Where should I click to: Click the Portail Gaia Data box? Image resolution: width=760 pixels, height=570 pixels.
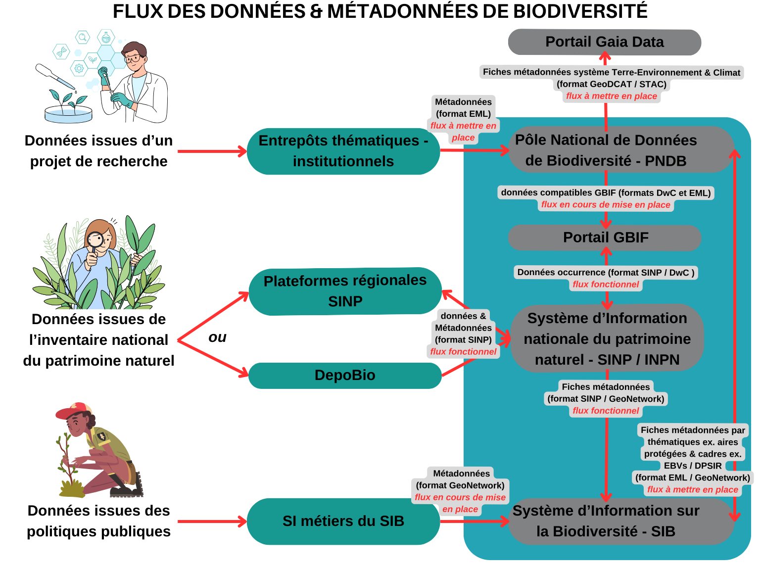(x=604, y=42)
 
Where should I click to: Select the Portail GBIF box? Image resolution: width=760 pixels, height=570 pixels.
(x=605, y=237)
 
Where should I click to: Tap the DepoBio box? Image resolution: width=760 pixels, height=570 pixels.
(x=345, y=375)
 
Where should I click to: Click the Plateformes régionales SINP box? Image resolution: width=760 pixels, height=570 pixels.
(x=345, y=291)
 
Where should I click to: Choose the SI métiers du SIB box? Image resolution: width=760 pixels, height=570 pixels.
(x=343, y=521)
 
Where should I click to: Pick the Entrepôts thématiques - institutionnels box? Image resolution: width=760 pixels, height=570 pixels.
(x=343, y=151)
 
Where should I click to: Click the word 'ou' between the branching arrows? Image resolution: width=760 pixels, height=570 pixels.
(x=217, y=337)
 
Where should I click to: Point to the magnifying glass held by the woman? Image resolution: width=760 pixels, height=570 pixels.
(x=95, y=240)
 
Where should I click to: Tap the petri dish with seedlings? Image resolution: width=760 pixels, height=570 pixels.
(x=68, y=113)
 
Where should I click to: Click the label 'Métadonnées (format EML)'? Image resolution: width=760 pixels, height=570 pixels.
(x=463, y=108)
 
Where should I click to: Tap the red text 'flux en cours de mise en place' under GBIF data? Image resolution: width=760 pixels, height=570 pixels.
(x=606, y=205)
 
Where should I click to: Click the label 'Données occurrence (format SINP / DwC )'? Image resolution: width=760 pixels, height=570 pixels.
(x=606, y=272)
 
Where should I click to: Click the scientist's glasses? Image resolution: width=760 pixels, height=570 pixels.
(x=133, y=58)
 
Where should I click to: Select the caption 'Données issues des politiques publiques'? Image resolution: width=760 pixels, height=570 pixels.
(x=98, y=521)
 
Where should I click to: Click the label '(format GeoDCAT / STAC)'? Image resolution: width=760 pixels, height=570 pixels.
(x=612, y=84)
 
